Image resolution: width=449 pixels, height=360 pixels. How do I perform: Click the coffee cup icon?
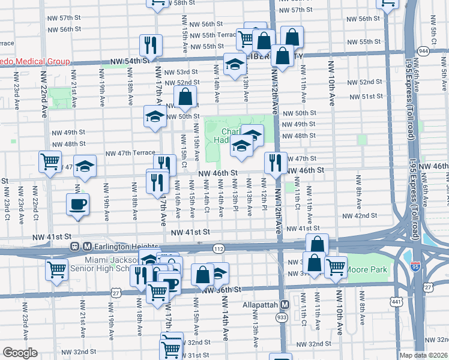tap(77, 204)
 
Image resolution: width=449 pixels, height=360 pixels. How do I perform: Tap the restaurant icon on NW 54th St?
tap(151, 45)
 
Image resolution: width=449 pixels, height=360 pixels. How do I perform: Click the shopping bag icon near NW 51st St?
tap(185, 95)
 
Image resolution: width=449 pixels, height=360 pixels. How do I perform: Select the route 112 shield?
tap(218, 248)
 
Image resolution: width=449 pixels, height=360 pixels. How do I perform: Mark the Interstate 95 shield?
tap(415, 265)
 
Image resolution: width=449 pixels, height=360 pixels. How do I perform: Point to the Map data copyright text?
tap(422, 355)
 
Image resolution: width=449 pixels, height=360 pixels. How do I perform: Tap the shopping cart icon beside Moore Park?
tap(336, 266)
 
